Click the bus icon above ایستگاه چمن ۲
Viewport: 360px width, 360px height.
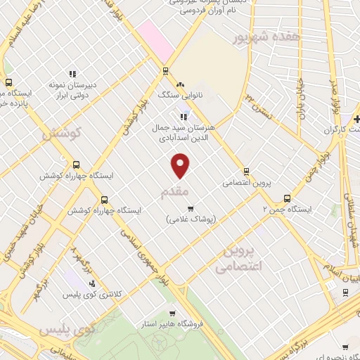click(x=286, y=198)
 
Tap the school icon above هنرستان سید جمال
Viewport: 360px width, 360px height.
click(x=184, y=117)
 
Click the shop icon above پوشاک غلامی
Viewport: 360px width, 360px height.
click(x=190, y=207)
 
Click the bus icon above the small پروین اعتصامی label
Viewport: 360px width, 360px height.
click(x=246, y=171)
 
